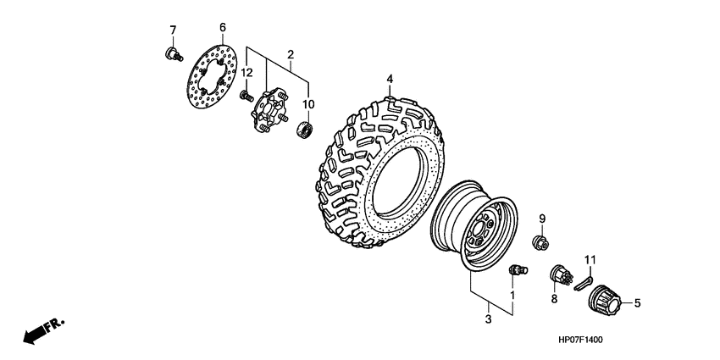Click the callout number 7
pos(173,30)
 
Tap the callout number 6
pos(222,27)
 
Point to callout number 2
pos(290,56)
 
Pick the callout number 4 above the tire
pos(390,80)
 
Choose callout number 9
pos(542,219)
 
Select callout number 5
pos(638,301)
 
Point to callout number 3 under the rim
pos(488,319)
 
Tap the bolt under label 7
pos(173,55)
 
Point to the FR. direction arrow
pos(42,331)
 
